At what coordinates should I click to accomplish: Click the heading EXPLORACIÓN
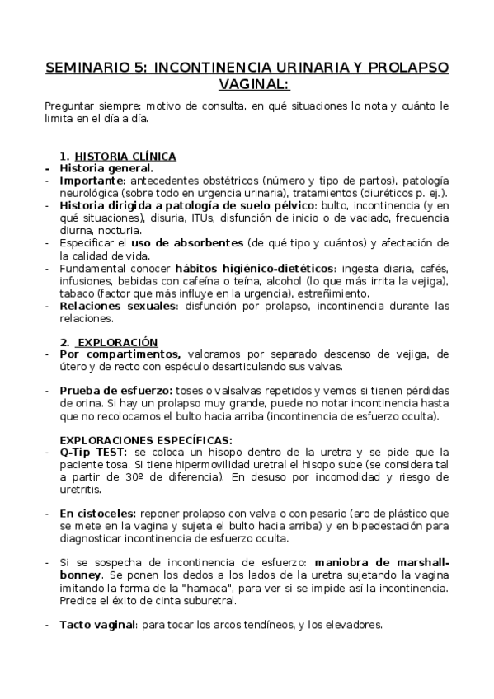[x=117, y=341]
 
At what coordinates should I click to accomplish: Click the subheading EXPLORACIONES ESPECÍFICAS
[x=147, y=439]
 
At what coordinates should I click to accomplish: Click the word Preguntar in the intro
[x=73, y=106]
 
